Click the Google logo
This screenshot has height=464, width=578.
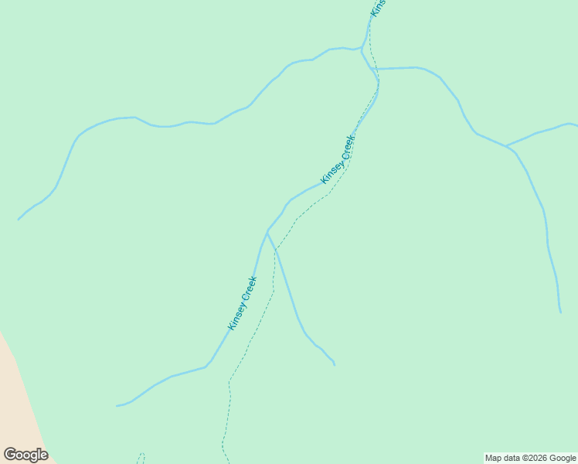coord(26,455)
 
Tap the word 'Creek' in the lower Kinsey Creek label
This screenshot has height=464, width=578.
coord(249,288)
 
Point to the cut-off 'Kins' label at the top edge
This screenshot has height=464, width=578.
coord(378,7)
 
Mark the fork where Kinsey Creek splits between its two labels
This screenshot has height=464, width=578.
coord(267,230)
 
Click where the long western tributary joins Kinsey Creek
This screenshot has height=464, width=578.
coord(362,49)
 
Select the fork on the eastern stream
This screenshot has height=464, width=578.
coord(506,145)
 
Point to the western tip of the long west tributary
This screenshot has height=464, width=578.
coord(19,220)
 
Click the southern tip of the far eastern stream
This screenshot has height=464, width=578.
coord(560,312)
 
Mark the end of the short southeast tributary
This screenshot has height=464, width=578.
coord(335,364)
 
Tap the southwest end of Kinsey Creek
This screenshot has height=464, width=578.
coord(117,405)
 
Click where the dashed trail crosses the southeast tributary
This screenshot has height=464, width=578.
coord(276,250)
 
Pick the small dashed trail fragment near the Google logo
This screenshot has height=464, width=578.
coord(141,457)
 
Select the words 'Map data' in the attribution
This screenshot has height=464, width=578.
coord(502,458)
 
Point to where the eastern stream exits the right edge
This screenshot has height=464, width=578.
coord(576,125)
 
